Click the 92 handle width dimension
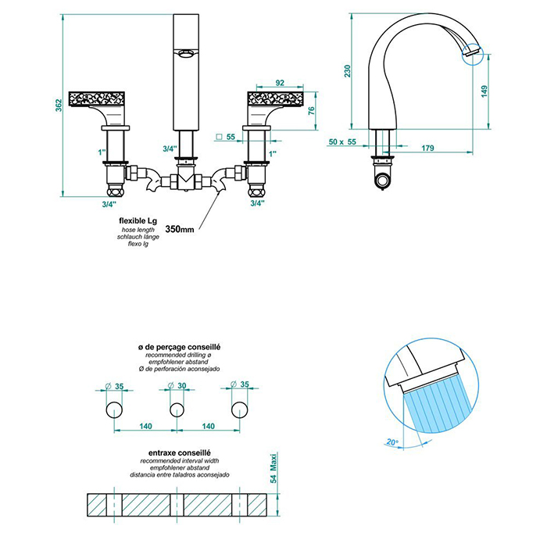[281, 83]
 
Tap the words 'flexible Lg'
[138, 221]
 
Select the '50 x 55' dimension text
[343, 143]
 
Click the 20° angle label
[393, 442]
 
